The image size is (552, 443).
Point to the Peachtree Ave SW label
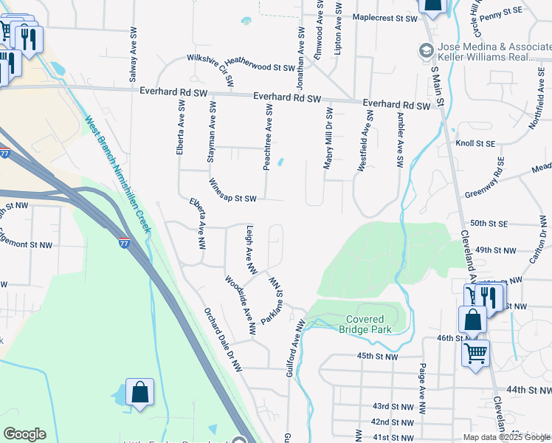click(269, 137)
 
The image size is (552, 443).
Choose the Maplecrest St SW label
click(385, 17)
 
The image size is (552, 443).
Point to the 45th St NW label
click(377, 356)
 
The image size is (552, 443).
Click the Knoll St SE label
click(475, 143)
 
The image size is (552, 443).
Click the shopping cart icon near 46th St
click(475, 353)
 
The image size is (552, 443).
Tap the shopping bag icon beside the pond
click(139, 394)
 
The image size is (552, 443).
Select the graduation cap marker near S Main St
click(426, 51)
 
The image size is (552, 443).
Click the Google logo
click(24, 434)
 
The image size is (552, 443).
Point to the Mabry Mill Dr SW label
click(328, 138)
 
